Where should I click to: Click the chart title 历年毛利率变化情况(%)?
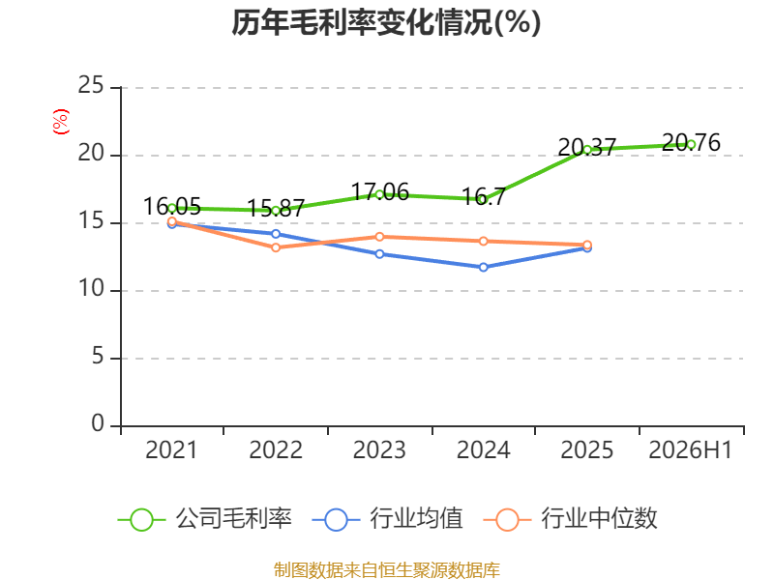pyautogui.click(x=386, y=22)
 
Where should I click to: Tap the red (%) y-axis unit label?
pyautogui.click(x=61, y=122)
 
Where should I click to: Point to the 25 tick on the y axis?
pyautogui.click(x=91, y=85)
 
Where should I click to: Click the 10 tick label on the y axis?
pyautogui.click(x=91, y=288)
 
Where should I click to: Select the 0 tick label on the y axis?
pyautogui.click(x=98, y=423)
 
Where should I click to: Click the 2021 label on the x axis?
pyautogui.click(x=171, y=449)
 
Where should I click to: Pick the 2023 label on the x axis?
pyautogui.click(x=379, y=449)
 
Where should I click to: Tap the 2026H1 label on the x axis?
pyautogui.click(x=690, y=449)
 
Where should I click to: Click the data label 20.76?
pyautogui.click(x=691, y=142)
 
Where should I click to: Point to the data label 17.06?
pyautogui.click(x=379, y=191)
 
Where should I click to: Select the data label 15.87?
pyautogui.click(x=276, y=208)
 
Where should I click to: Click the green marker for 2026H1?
pyautogui.click(x=691, y=144)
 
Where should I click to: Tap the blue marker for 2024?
pyautogui.click(x=483, y=268)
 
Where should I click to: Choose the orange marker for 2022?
pyautogui.click(x=276, y=247)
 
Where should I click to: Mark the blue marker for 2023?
pyautogui.click(x=379, y=254)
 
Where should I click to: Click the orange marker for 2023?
pyautogui.click(x=379, y=237)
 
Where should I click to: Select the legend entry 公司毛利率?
pyautogui.click(x=205, y=519)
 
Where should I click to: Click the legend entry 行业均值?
pyautogui.click(x=388, y=519)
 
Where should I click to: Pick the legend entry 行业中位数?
pyautogui.click(x=570, y=519)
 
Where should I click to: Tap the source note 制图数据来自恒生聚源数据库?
pyautogui.click(x=386, y=570)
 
